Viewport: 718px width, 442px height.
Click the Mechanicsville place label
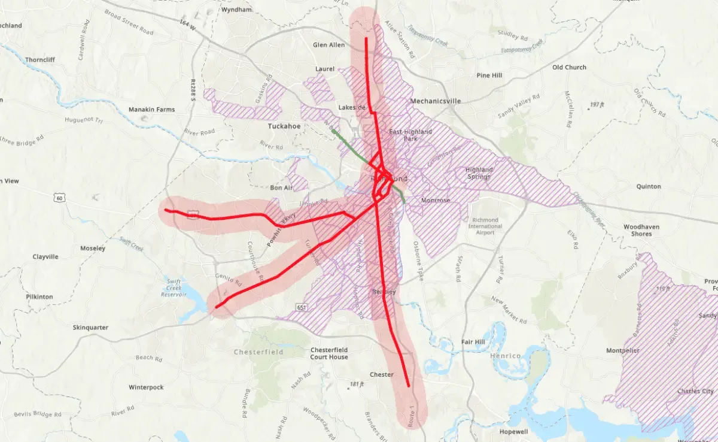(x=435, y=101)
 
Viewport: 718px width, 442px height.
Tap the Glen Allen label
(x=328, y=45)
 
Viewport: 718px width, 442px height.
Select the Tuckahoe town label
(x=284, y=126)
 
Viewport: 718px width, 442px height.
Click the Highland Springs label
(x=478, y=173)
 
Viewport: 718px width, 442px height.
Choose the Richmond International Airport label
(x=485, y=226)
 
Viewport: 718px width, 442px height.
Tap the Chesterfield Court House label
(x=329, y=353)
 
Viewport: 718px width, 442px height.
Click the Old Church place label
(x=569, y=68)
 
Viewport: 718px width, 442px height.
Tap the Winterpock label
(x=146, y=387)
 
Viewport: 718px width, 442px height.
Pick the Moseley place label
(x=93, y=248)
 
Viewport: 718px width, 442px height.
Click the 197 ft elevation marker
(x=594, y=105)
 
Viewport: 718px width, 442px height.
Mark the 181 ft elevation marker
(x=356, y=385)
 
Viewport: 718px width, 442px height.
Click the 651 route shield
(x=302, y=307)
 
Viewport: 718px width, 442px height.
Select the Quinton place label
(x=649, y=186)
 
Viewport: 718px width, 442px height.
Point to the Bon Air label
(x=281, y=187)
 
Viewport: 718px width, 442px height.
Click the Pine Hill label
(x=489, y=75)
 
